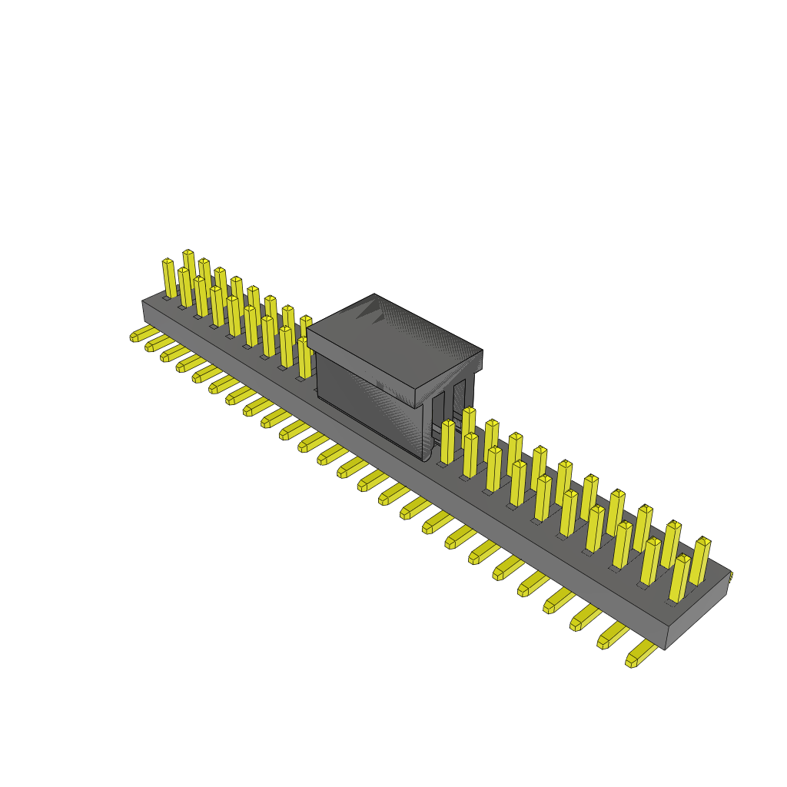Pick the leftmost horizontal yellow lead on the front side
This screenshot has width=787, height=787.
[x=143, y=334]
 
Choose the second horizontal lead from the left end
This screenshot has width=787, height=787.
[x=158, y=343]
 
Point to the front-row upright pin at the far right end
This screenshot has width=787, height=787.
[x=679, y=578]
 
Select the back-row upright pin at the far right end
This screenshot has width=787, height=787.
[x=701, y=561]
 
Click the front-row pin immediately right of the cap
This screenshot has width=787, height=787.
[x=447, y=443]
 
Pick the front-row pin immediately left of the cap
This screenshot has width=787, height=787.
[x=304, y=357]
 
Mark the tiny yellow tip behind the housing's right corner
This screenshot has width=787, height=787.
[x=731, y=575]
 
